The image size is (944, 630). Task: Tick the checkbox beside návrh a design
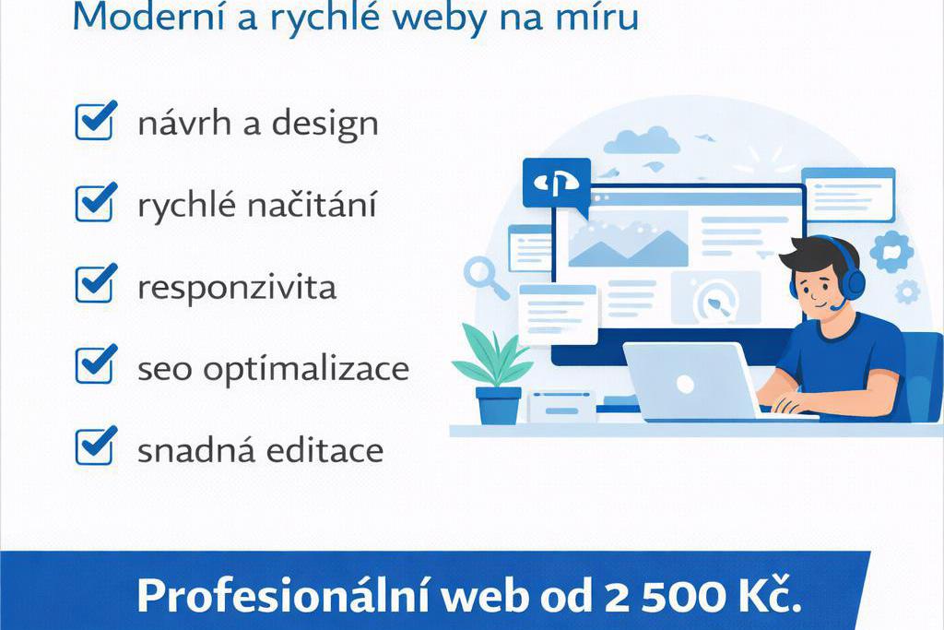click(x=95, y=121)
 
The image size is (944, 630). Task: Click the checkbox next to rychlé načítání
click(x=95, y=202)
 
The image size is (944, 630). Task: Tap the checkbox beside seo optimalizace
click(x=95, y=364)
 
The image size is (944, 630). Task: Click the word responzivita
click(x=237, y=288)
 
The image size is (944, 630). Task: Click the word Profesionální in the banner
click(x=277, y=596)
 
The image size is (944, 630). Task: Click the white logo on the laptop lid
click(x=685, y=383)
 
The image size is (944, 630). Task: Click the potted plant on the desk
click(x=495, y=374)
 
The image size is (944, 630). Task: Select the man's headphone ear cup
click(x=854, y=280)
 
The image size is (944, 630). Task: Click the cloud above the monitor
click(x=642, y=141)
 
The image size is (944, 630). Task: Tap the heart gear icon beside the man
click(x=891, y=251)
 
